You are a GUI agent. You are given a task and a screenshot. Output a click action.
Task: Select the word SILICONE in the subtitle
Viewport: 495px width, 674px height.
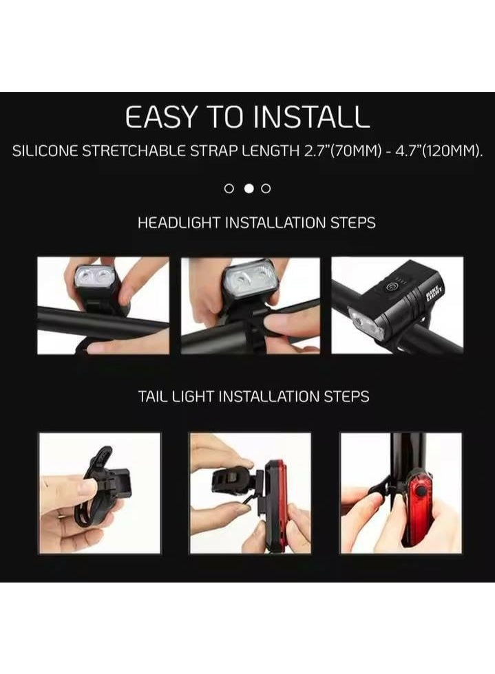[45, 152]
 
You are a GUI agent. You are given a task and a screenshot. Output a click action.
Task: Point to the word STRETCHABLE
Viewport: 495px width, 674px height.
[138, 152]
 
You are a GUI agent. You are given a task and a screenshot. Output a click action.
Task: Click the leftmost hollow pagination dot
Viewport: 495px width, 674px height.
[230, 188]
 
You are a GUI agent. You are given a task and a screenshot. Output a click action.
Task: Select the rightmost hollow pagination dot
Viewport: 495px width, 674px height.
[266, 188]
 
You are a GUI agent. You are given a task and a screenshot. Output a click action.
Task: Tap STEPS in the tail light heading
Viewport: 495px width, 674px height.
[347, 397]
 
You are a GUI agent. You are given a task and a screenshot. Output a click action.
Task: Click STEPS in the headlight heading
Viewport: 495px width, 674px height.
[353, 224]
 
